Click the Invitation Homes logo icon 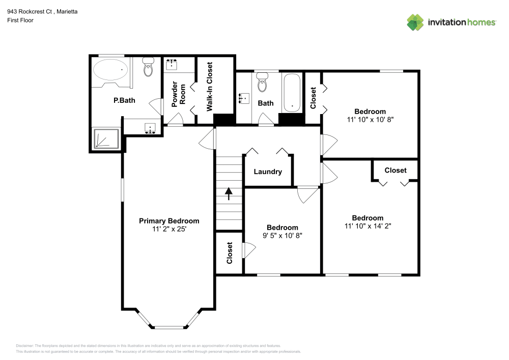click(415, 22)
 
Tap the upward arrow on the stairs click(229, 193)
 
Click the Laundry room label click(268, 172)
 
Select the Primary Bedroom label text click(169, 221)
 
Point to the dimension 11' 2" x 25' click(169, 229)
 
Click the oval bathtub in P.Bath click(110, 70)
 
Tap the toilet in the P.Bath click(148, 67)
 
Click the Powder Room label click(178, 94)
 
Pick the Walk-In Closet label click(209, 87)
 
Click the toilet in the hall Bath click(262, 82)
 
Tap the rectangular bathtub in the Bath click(292, 92)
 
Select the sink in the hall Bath click(244, 97)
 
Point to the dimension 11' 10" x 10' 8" click(370, 120)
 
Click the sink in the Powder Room click(172, 65)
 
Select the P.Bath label click(124, 100)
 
